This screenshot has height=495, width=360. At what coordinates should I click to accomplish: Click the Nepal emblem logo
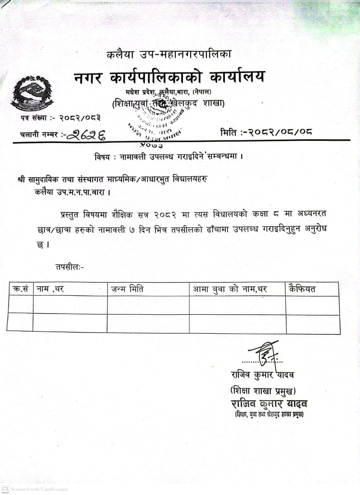click(32, 93)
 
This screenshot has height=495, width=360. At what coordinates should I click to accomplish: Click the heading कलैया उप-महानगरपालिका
click(169, 55)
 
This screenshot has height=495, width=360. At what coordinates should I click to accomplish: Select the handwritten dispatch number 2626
click(89, 135)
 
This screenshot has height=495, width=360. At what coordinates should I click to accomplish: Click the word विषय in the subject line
click(102, 157)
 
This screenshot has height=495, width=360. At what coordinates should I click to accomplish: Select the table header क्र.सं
click(20, 289)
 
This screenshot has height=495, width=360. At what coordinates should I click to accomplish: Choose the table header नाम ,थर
click(49, 289)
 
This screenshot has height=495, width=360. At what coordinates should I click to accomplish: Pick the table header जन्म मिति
click(127, 289)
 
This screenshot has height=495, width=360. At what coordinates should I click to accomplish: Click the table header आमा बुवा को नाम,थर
click(230, 289)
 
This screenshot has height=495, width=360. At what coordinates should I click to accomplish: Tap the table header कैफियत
click(302, 289)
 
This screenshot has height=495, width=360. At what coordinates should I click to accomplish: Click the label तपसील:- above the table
click(70, 266)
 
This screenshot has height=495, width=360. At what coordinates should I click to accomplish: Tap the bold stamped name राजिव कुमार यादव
click(269, 404)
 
